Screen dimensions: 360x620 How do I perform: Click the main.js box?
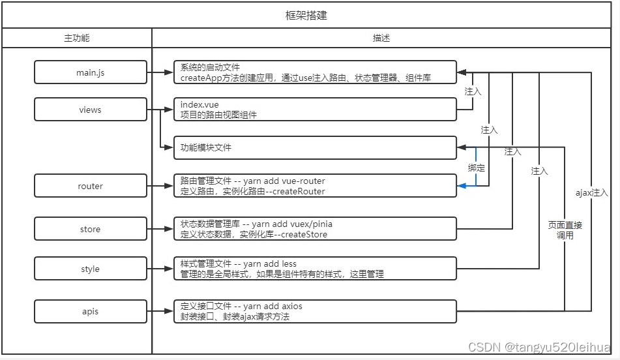91,72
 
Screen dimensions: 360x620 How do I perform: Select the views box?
91,110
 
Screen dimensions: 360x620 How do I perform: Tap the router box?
91,186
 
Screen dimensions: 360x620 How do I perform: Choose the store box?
91,229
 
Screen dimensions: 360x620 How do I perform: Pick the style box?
91,269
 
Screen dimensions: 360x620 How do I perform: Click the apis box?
91,311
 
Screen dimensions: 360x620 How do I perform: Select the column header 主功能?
77,38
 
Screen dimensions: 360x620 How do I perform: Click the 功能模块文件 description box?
315,147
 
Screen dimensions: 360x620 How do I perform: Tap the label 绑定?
477,168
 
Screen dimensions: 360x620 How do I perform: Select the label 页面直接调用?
565,230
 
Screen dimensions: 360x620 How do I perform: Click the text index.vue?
200,105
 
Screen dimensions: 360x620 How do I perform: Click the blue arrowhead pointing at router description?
462,186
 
